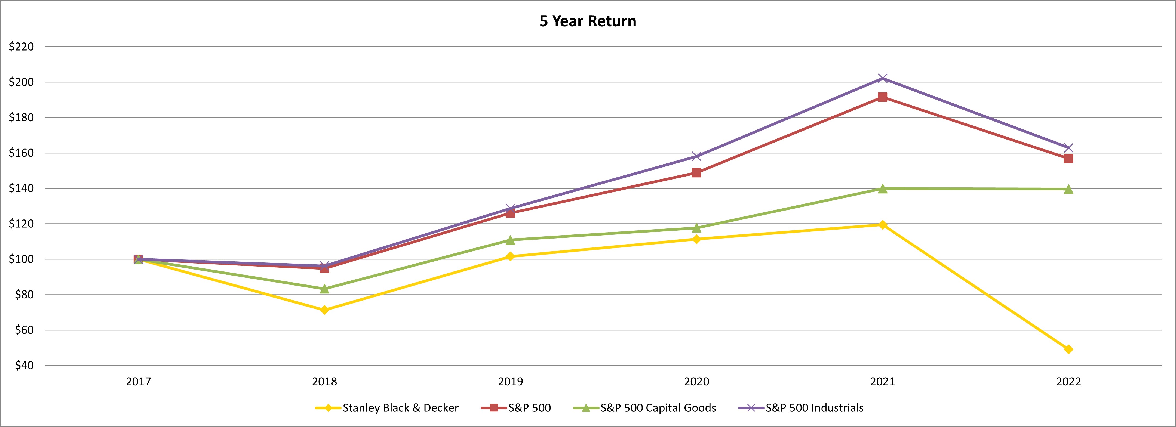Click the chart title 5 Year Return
[588, 21]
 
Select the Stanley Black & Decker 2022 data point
[1068, 349]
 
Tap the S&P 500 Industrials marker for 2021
[882, 79]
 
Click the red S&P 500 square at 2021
[882, 97]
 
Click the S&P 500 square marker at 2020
[696, 172]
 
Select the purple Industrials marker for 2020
[696, 156]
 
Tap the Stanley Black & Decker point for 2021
[882, 224]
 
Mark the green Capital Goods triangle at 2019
[510, 240]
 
